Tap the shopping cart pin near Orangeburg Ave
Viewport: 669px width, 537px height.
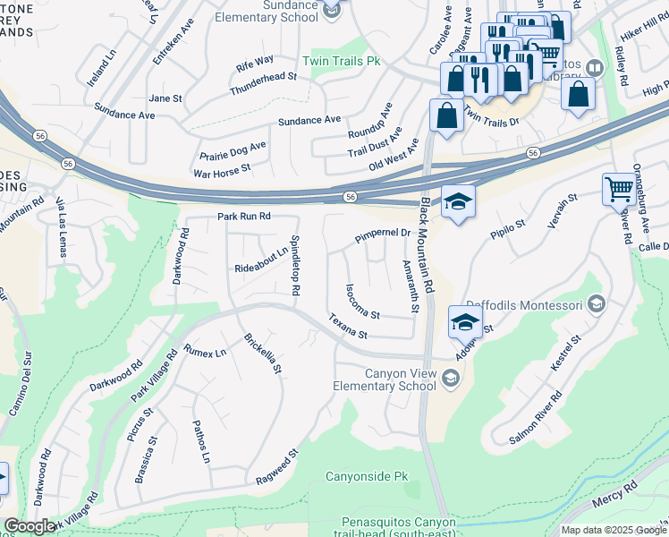coord(618,189)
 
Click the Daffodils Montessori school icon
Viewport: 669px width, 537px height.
coord(597,305)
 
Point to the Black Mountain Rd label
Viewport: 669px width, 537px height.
coord(426,246)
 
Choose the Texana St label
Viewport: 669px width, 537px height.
coord(348,326)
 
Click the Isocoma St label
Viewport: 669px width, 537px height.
coord(363,303)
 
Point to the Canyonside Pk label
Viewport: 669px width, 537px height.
coord(366,476)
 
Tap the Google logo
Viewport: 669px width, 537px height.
coord(30,525)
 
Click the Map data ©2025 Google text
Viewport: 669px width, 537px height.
coord(613,530)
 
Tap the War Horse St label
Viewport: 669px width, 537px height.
coord(222,168)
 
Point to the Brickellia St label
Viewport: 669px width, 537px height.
coord(263,354)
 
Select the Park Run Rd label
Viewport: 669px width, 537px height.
coord(243,217)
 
